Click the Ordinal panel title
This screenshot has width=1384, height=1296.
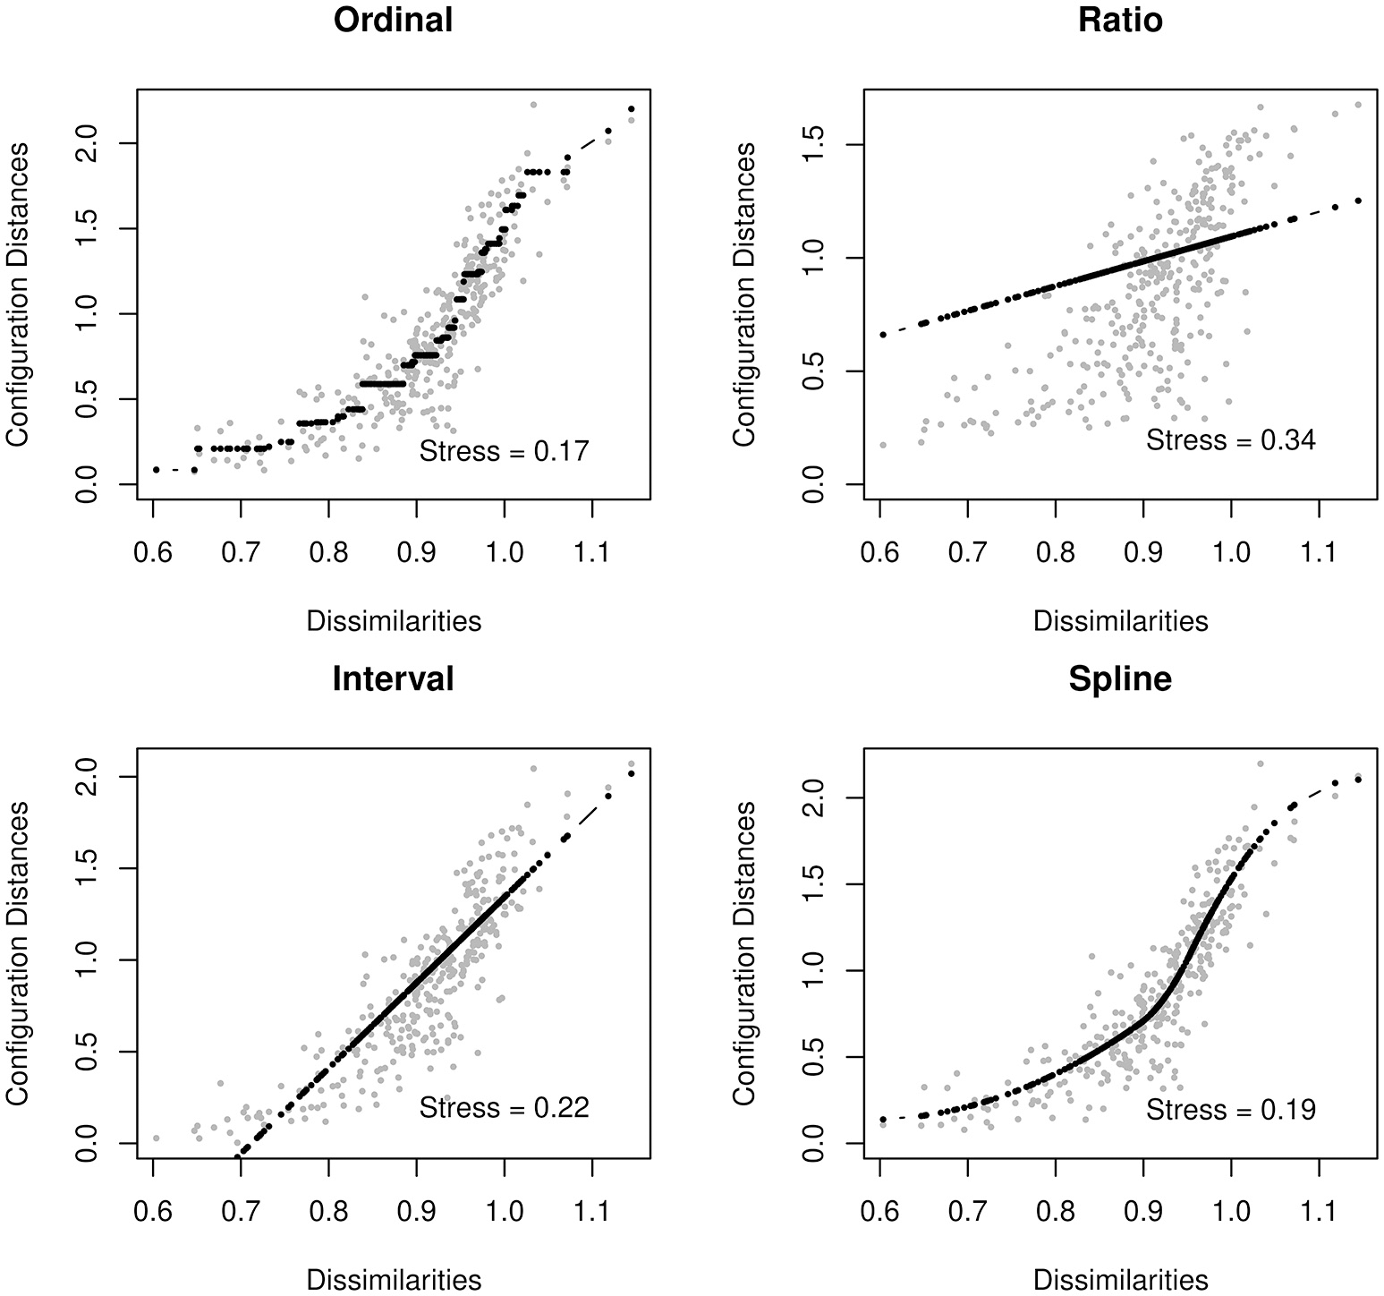pos(394,21)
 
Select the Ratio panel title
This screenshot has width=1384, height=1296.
pos(1120,21)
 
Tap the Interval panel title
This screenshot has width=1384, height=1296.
pos(394,679)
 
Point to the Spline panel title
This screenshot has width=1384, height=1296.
pos(1120,679)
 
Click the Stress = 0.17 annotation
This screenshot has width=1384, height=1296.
pos(505,451)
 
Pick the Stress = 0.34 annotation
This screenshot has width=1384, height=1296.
pos(1231,440)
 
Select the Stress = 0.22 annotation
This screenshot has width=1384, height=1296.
pos(505,1108)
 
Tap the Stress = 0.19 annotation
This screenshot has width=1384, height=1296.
pos(1231,1110)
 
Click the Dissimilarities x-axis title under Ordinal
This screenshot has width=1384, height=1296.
pos(394,621)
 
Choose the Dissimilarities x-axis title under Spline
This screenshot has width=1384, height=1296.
pos(1120,1280)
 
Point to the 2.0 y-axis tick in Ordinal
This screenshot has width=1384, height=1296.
pos(87,143)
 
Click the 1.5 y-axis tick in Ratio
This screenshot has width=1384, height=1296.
pos(813,144)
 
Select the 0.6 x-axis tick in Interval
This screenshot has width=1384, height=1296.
pos(153,1213)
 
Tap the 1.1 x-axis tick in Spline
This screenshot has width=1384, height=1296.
pos(1318,1213)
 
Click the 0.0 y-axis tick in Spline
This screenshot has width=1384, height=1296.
pos(813,1143)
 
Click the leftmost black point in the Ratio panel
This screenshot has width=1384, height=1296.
pos(883,334)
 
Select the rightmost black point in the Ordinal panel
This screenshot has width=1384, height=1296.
pos(632,109)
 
